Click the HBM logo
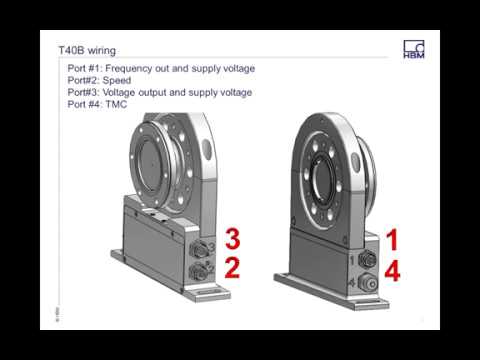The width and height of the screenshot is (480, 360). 414,49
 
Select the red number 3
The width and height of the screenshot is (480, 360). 232,238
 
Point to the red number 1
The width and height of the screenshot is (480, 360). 393,239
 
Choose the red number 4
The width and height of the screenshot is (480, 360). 393,269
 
